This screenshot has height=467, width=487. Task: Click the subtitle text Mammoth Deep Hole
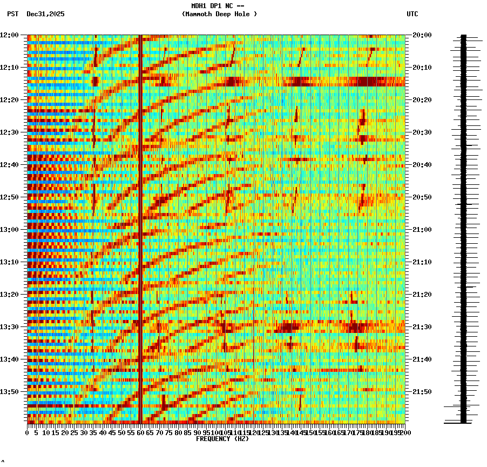coord(219,14)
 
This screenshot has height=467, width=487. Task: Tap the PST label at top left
coord(12,14)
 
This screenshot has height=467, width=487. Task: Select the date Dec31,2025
coord(45,14)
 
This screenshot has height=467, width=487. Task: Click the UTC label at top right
coord(412,14)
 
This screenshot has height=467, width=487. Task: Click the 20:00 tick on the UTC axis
coord(422,35)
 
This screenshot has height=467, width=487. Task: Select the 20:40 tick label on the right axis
coord(422,165)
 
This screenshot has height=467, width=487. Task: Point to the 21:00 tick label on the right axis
coord(422,230)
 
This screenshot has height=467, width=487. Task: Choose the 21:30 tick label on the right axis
coord(422,327)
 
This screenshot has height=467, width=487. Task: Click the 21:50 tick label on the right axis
coord(422,392)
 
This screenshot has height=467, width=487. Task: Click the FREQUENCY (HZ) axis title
coord(222,439)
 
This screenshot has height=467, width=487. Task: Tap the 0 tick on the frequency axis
coord(28,433)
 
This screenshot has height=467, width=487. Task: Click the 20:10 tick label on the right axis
coord(422,68)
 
